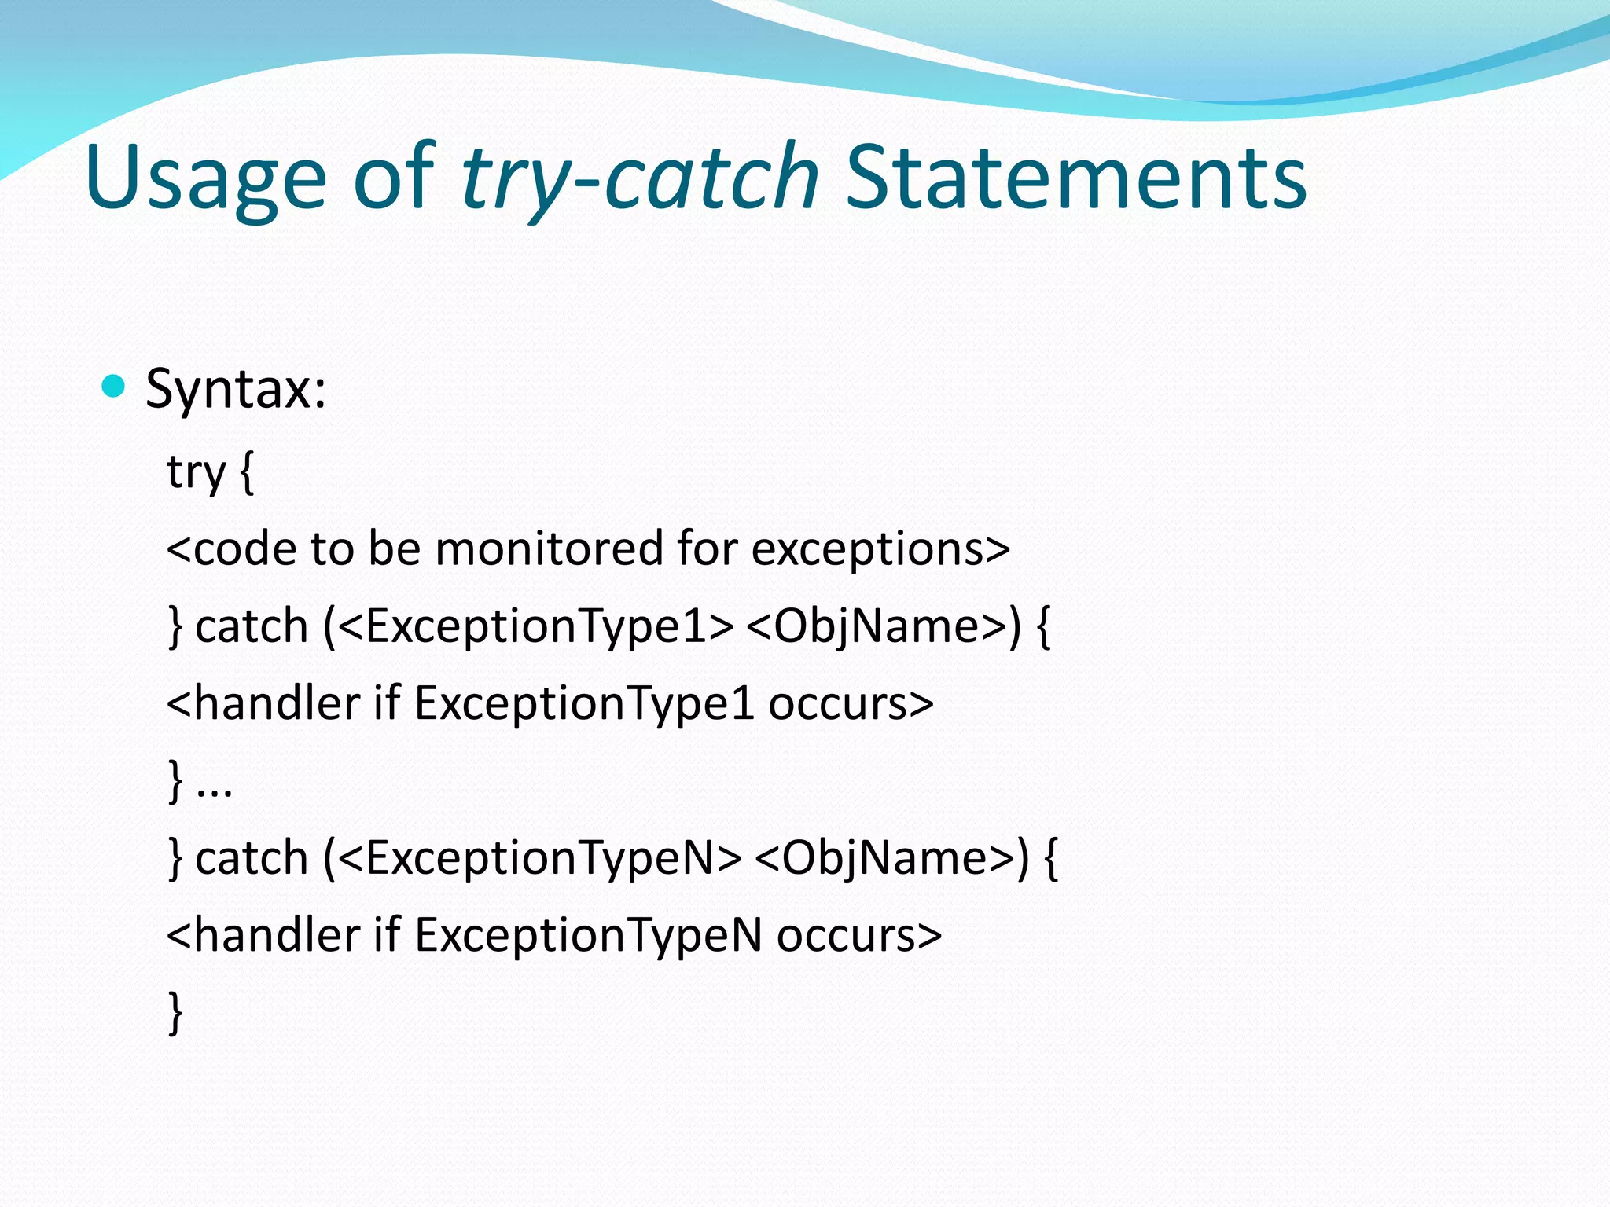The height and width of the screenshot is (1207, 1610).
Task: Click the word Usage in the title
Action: (x=205, y=179)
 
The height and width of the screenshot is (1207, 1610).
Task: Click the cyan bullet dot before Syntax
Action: (x=114, y=387)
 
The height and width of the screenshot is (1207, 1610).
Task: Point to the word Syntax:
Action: (x=236, y=388)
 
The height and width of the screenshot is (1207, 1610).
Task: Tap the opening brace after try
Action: (x=246, y=473)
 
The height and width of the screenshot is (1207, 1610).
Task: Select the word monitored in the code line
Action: (x=549, y=548)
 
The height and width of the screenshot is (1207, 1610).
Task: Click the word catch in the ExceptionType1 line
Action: (x=251, y=626)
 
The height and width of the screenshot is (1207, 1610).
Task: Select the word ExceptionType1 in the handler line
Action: (x=584, y=703)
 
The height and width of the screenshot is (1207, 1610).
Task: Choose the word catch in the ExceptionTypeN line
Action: (x=251, y=857)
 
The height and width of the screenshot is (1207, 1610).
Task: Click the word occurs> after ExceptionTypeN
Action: (x=858, y=935)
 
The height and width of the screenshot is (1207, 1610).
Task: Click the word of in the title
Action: (x=393, y=179)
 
